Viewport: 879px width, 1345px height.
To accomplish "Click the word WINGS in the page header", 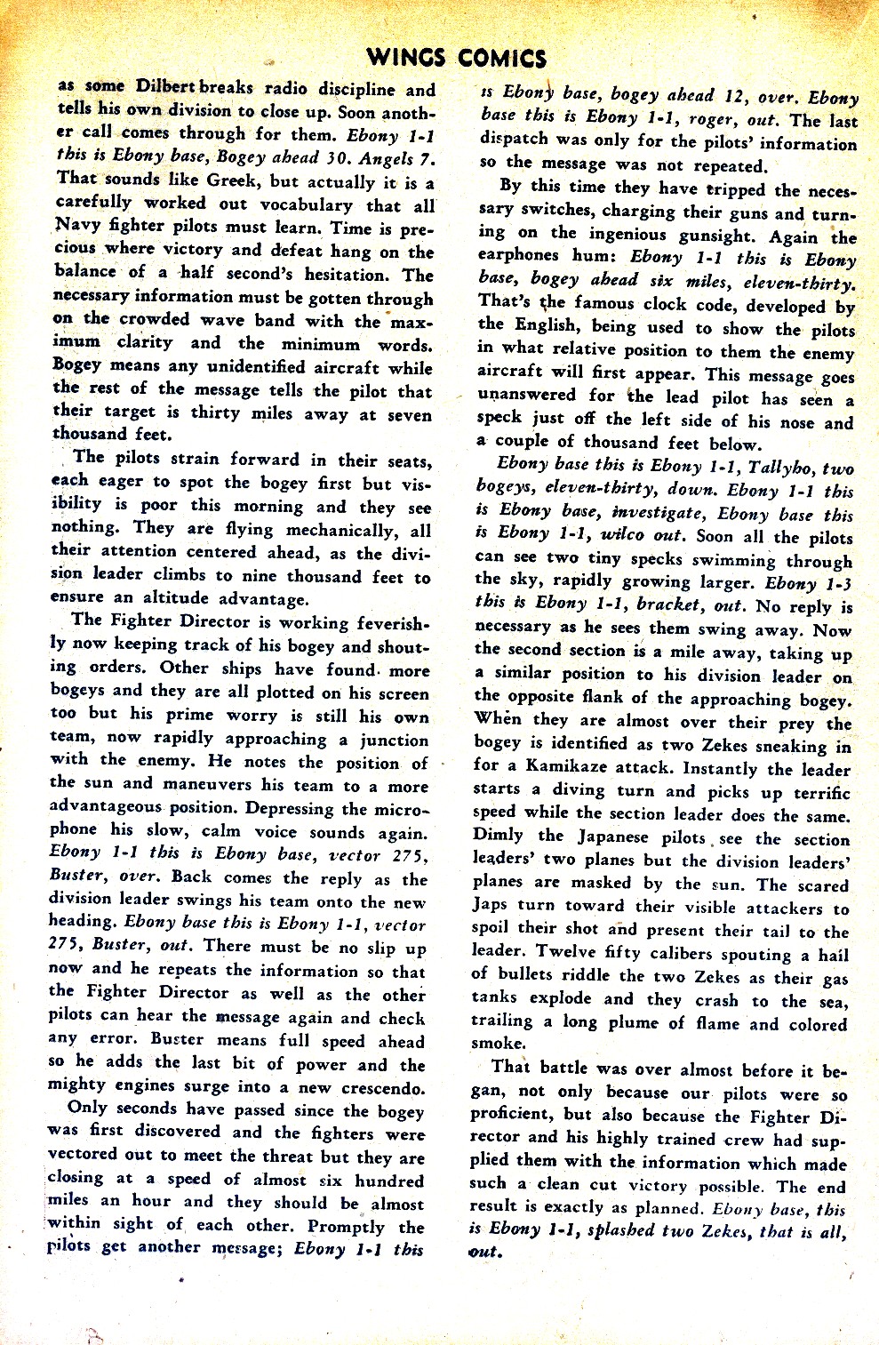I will click(x=409, y=60).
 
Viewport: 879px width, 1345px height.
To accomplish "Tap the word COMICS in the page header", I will click(x=503, y=60).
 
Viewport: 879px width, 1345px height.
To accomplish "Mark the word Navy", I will click(x=80, y=228).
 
